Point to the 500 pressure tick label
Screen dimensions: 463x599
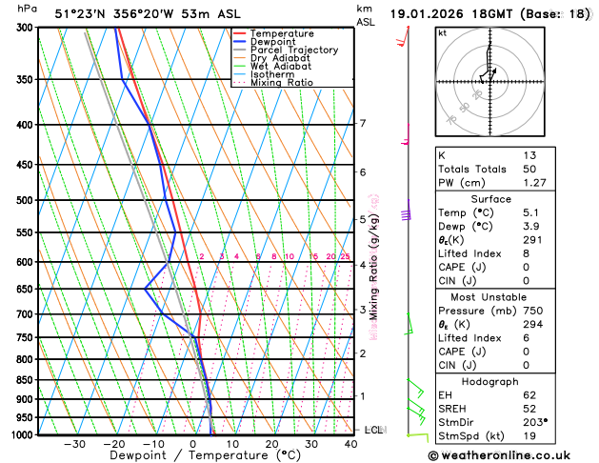click(x=25, y=200)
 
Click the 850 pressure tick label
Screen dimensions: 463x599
click(x=25, y=380)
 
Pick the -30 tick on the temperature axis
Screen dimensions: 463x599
click(x=74, y=444)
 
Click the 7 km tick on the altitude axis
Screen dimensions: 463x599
click(x=362, y=124)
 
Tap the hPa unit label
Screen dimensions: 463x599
click(x=28, y=9)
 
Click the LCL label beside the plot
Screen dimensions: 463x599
click(x=373, y=430)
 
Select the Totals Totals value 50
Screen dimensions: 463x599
click(x=529, y=169)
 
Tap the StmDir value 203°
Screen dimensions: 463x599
click(x=535, y=422)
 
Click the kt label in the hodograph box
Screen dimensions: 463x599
click(x=442, y=32)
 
